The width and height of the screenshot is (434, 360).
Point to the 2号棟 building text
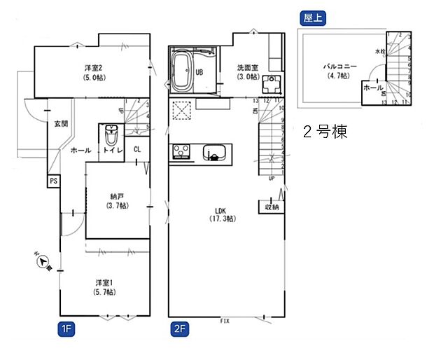pos(325,132)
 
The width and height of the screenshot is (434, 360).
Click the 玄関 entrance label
pos(61,124)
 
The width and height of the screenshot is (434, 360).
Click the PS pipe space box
pos(53,181)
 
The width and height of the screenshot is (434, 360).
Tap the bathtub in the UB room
pos(185,71)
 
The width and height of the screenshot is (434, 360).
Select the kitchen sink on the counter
pos(213,152)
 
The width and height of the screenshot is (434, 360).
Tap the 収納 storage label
pos(272,207)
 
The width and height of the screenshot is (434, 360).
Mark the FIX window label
pos(225,321)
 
